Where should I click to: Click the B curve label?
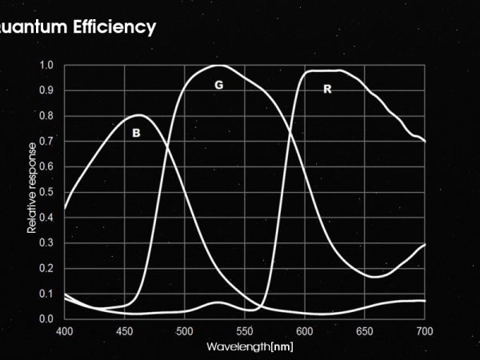click(x=136, y=134)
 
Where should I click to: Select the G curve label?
click(x=218, y=84)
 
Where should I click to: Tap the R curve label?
click(x=327, y=90)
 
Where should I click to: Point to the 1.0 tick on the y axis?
click(x=46, y=66)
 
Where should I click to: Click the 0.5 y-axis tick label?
click(x=46, y=192)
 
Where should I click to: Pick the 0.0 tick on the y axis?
click(x=46, y=318)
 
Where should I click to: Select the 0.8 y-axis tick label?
click(x=46, y=116)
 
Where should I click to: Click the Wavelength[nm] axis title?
click(x=250, y=346)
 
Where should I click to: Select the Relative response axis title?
click(x=32, y=188)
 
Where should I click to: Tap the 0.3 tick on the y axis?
click(x=46, y=242)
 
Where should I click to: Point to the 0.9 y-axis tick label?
click(x=46, y=91)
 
